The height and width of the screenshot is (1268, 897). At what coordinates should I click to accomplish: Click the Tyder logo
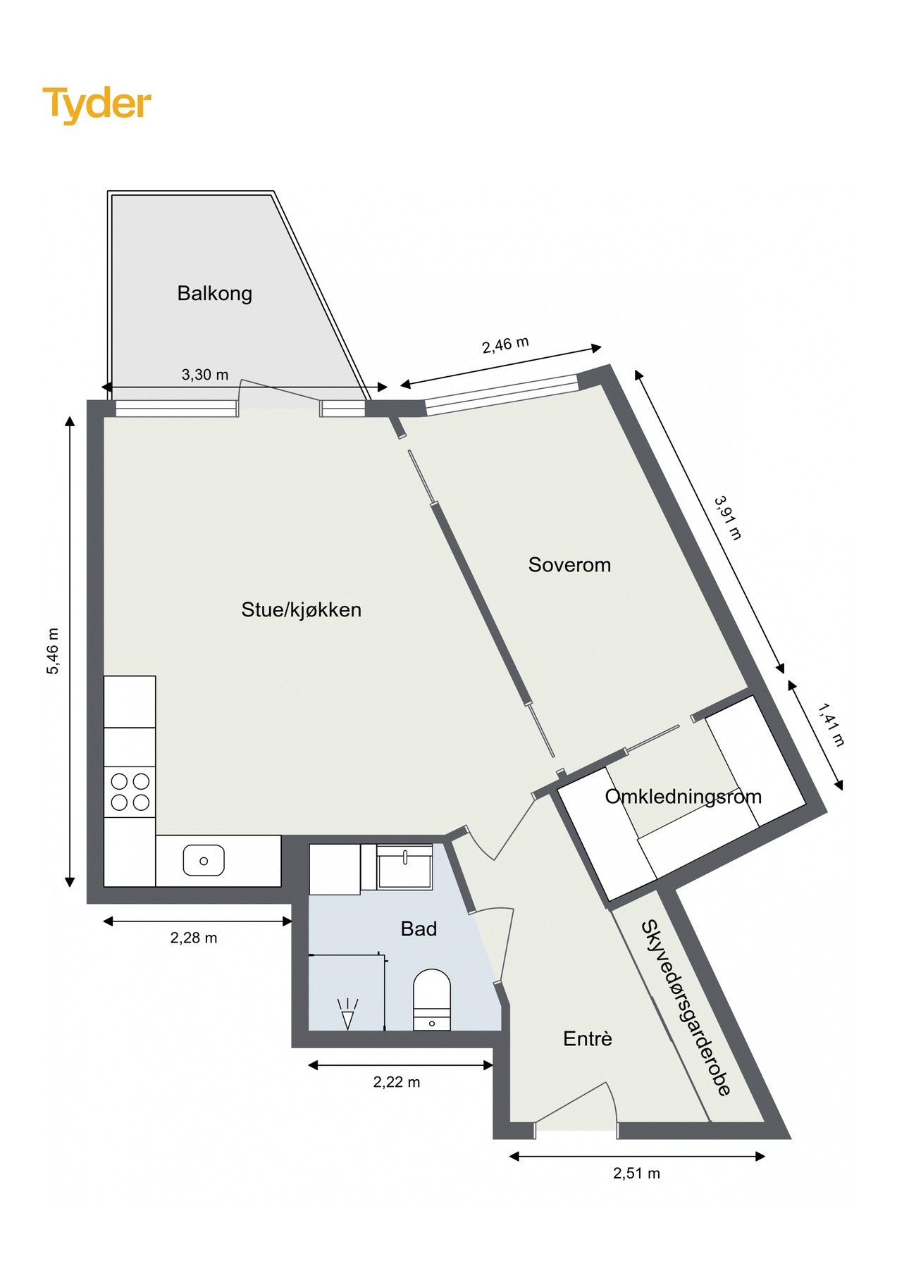(x=97, y=104)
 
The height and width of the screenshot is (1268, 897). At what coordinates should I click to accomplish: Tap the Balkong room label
(x=214, y=293)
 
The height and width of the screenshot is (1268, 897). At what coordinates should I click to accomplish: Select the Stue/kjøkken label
(x=301, y=609)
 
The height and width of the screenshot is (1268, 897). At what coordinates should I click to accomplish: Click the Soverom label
(x=569, y=564)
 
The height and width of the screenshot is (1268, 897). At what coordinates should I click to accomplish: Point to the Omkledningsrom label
(x=683, y=797)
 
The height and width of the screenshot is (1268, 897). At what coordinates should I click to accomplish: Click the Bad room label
(x=419, y=928)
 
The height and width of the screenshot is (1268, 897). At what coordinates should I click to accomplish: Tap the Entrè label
(x=588, y=1038)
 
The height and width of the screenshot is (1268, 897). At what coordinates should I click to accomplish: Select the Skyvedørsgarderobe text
(x=685, y=1007)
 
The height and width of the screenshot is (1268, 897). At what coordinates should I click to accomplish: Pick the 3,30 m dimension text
(x=205, y=375)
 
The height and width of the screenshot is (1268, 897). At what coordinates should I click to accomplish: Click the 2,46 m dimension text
(x=505, y=344)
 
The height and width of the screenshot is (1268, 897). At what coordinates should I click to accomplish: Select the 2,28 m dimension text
(x=194, y=938)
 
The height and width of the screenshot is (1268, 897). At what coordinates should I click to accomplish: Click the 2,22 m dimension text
(x=397, y=1082)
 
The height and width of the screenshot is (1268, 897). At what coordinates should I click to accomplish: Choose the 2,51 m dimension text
(x=636, y=1173)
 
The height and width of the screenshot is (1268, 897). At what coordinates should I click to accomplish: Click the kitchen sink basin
(x=204, y=861)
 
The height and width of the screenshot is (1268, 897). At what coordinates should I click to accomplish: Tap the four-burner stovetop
(x=130, y=792)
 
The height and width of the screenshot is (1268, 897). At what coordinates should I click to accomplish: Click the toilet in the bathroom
(x=431, y=999)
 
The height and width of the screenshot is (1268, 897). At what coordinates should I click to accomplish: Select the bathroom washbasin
(x=405, y=866)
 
